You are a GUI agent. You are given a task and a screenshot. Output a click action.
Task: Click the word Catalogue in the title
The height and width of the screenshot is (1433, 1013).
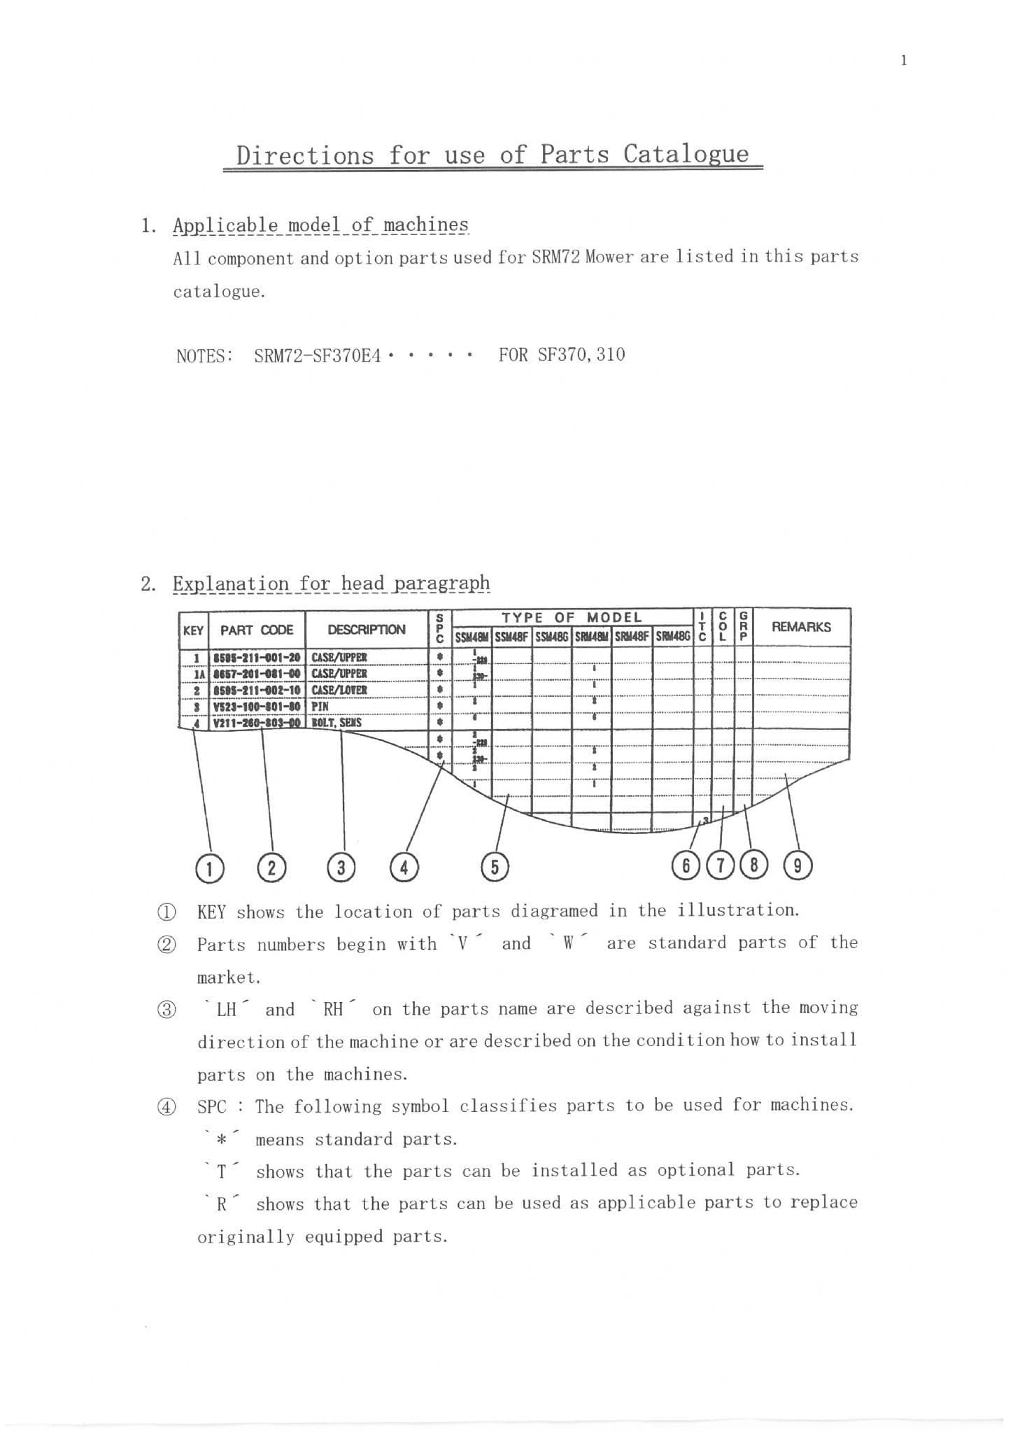(686, 154)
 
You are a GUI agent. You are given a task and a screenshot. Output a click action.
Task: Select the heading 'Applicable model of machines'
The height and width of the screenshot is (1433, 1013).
(320, 225)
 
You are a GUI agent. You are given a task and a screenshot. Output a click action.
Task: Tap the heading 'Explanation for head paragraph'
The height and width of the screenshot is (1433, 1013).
(331, 584)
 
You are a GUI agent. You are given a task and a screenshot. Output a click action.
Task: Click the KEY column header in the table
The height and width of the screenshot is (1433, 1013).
(193, 630)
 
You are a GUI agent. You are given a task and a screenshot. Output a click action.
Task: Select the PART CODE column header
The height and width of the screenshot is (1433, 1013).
(257, 630)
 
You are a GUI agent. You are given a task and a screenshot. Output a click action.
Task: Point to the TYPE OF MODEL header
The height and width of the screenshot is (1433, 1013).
(572, 617)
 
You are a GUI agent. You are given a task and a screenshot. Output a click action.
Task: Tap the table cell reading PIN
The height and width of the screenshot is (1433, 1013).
(320, 707)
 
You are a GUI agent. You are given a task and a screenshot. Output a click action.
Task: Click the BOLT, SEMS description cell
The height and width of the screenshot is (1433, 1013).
(337, 722)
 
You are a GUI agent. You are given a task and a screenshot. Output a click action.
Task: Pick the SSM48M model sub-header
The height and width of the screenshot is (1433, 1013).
(472, 637)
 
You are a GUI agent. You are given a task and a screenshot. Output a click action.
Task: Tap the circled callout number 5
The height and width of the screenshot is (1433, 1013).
(495, 867)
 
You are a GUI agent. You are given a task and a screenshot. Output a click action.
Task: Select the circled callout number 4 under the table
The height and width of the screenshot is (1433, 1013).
(404, 868)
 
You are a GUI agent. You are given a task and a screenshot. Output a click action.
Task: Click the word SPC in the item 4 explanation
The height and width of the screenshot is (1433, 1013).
(212, 1107)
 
